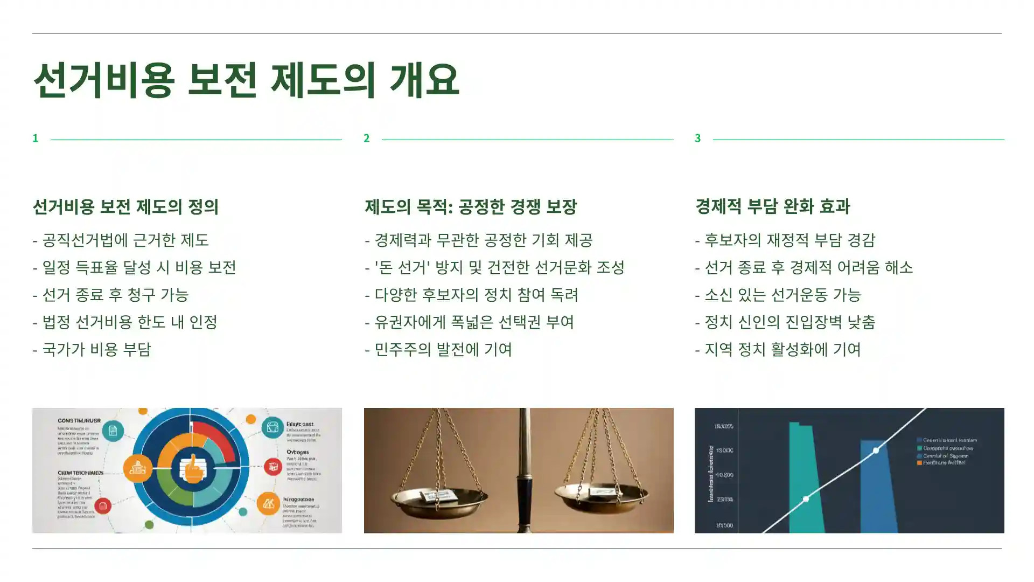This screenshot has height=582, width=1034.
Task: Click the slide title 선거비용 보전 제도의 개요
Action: click(246, 80)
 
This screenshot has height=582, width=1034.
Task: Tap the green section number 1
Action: click(36, 138)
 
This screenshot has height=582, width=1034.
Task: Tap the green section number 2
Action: click(367, 138)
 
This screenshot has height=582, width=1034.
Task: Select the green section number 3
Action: click(698, 138)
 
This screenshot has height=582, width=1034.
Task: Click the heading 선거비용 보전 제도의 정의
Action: click(125, 206)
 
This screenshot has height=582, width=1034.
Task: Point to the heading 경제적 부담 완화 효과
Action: click(772, 206)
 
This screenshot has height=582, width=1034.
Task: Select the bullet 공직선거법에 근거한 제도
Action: click(121, 240)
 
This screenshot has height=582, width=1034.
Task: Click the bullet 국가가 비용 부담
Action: click(92, 349)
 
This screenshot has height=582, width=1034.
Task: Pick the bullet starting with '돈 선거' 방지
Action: click(494, 267)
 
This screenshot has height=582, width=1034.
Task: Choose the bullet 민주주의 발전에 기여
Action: click(438, 349)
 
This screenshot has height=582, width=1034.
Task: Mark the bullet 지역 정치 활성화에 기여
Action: click(778, 349)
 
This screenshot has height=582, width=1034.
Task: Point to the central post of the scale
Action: click(522, 474)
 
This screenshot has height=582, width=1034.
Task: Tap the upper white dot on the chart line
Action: click(876, 450)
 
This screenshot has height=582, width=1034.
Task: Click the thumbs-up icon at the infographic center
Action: click(192, 467)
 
